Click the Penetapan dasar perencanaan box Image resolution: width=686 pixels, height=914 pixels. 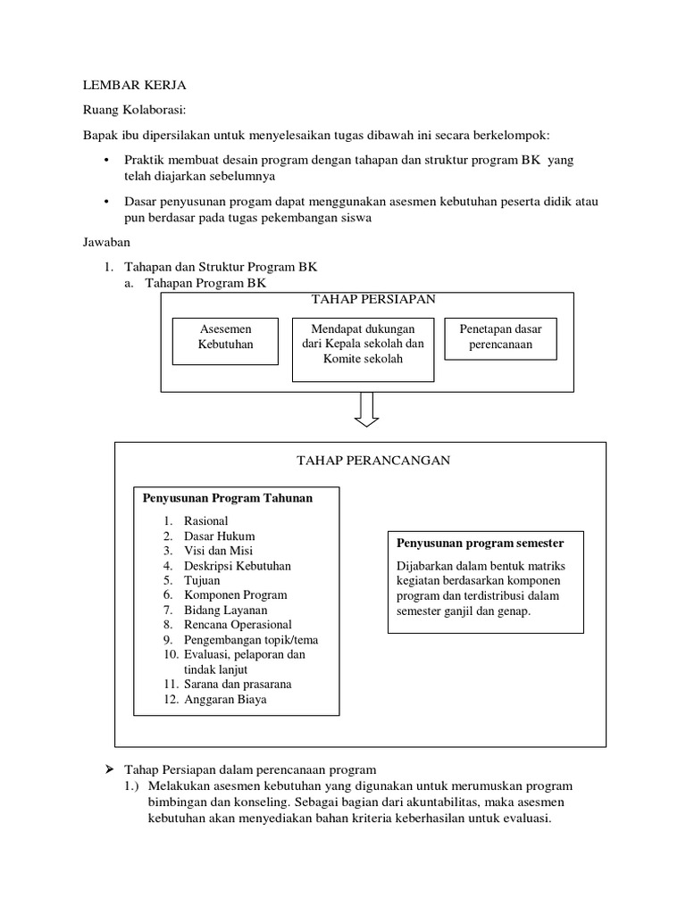tap(500, 337)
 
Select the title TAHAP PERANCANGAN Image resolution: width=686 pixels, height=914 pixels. tap(372, 461)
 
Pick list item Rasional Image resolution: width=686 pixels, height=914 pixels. tap(205, 521)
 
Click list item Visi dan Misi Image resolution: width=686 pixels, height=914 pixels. tap(219, 551)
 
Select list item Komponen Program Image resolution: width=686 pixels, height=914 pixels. tap(235, 595)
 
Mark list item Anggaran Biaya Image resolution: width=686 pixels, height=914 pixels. tap(225, 700)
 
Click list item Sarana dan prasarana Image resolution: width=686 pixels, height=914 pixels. tap(238, 685)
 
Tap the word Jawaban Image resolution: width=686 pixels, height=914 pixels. tap(107, 242)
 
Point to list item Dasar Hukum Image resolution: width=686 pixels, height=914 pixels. tap(219, 536)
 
